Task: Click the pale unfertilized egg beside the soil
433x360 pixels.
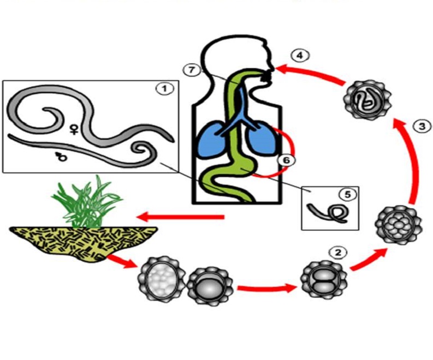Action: coord(158,280)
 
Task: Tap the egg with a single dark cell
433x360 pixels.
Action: coord(209,286)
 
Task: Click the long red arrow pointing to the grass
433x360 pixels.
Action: coord(180,218)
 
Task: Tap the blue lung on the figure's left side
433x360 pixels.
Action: coord(215,136)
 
